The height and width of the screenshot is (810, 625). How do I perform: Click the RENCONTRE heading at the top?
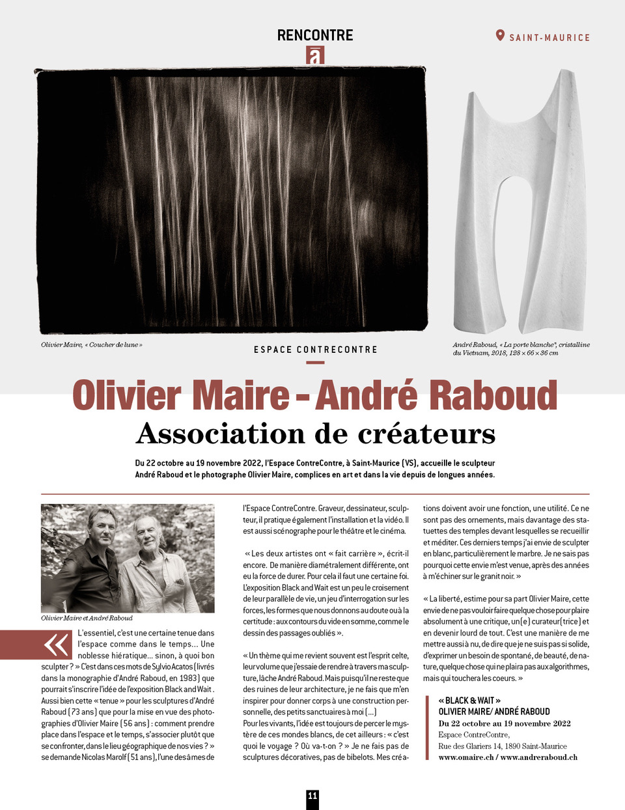(315, 35)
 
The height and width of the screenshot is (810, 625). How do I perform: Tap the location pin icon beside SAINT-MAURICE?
(500, 35)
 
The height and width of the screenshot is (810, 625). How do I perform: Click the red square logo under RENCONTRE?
(315, 55)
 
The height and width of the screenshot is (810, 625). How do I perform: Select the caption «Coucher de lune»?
(91, 344)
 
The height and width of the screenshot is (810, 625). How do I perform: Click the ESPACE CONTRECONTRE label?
(315, 350)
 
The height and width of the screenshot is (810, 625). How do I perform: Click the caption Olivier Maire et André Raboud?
(87, 618)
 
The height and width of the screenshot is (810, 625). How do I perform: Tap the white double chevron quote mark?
(57, 645)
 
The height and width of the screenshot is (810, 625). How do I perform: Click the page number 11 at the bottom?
(312, 796)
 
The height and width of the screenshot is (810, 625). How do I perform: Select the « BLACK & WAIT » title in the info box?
(469, 701)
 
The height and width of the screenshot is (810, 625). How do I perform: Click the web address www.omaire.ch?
(466, 757)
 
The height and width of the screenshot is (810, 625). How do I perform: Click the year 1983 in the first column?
(189, 678)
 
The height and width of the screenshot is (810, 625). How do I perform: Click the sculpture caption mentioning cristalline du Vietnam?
(521, 348)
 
